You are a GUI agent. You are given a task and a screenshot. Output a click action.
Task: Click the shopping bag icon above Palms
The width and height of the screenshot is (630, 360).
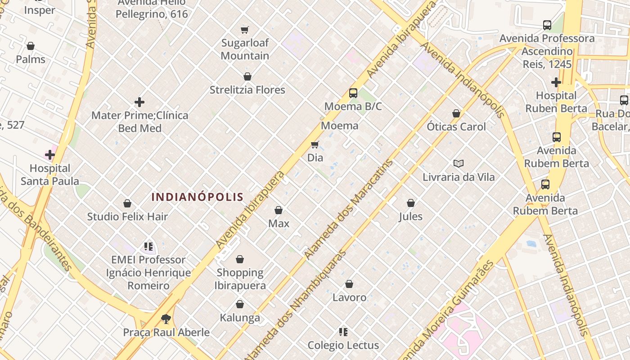click(31, 46)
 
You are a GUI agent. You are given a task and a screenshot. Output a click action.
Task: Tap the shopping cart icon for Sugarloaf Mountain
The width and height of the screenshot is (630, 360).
click(244, 30)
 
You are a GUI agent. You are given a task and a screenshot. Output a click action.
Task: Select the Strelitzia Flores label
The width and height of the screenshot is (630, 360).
click(247, 90)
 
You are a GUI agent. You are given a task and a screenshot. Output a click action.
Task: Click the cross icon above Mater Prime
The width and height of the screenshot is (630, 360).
click(139, 102)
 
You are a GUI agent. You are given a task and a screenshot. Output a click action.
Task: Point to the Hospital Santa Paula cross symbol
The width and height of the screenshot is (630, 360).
click(50, 155)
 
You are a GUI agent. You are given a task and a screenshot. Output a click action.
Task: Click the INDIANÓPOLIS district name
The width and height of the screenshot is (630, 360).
click(198, 197)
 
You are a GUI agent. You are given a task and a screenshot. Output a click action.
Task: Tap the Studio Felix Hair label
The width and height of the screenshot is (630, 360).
click(127, 216)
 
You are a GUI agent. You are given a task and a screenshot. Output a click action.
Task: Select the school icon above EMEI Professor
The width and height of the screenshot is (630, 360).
click(148, 247)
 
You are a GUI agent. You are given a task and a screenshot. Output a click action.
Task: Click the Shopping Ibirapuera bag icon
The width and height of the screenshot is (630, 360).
click(240, 259)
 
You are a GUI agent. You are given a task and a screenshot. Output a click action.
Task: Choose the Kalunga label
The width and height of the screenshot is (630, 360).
click(240, 318)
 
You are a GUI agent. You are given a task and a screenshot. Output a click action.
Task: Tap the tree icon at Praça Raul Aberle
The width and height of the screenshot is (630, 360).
click(166, 319)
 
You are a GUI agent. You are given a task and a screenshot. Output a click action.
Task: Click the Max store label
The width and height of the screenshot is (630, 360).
click(279, 224)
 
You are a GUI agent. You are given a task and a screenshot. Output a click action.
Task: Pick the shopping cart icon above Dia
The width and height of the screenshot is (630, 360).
click(315, 144)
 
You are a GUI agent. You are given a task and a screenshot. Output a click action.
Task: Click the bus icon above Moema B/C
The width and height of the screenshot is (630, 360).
click(353, 93)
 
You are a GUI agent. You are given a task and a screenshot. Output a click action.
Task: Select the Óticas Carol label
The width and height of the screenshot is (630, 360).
click(456, 126)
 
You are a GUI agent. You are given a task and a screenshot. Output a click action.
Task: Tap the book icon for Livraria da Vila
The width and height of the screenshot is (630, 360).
click(459, 163)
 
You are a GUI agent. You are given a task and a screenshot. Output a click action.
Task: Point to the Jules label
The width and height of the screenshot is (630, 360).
click(411, 216)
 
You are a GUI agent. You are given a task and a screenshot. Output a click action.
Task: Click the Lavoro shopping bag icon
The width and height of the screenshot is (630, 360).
click(349, 284)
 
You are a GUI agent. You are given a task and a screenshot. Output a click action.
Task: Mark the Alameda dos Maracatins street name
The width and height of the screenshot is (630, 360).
click(349, 209)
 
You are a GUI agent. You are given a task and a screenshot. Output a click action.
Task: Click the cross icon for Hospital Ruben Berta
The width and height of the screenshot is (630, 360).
click(556, 82)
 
